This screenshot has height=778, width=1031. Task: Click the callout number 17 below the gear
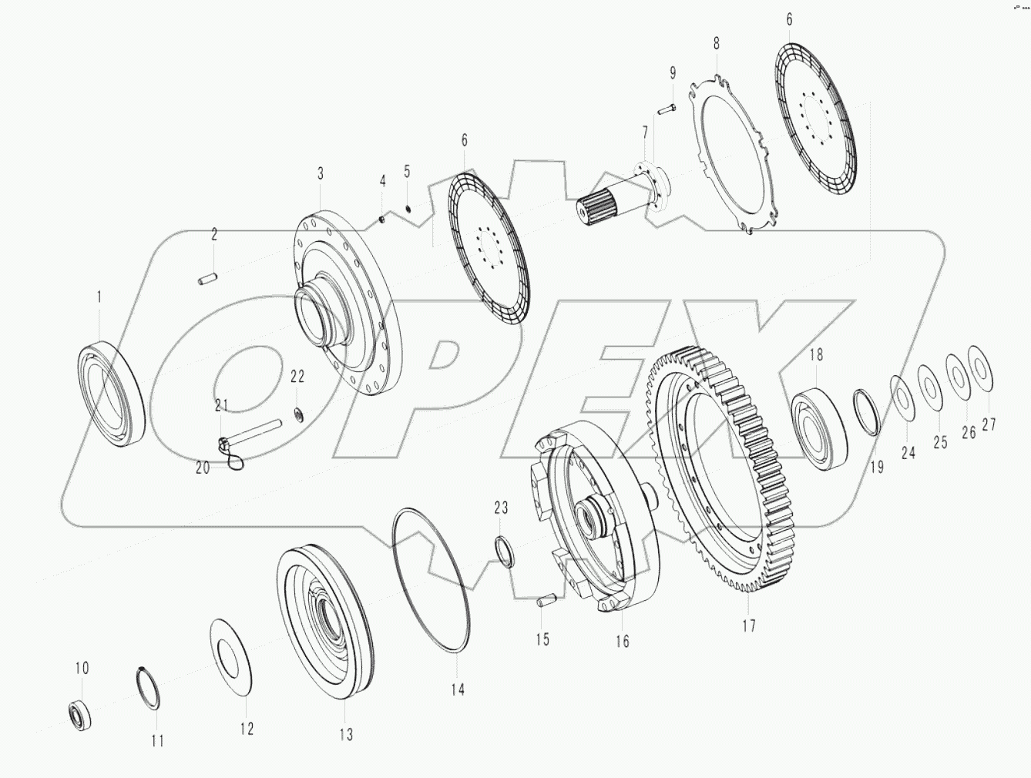coord(748,625)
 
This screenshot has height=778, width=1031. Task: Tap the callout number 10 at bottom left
coord(82,668)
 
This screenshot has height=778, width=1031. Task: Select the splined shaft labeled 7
coord(616,196)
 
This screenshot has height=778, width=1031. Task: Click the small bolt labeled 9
coord(667,109)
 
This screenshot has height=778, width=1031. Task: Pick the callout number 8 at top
coord(716,43)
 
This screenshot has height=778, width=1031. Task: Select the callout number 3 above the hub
coord(321,173)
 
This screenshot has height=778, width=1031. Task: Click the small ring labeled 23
coord(505,552)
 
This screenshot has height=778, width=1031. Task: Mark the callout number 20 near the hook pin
coord(203,468)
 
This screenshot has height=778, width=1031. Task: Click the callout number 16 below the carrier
coord(622,641)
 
